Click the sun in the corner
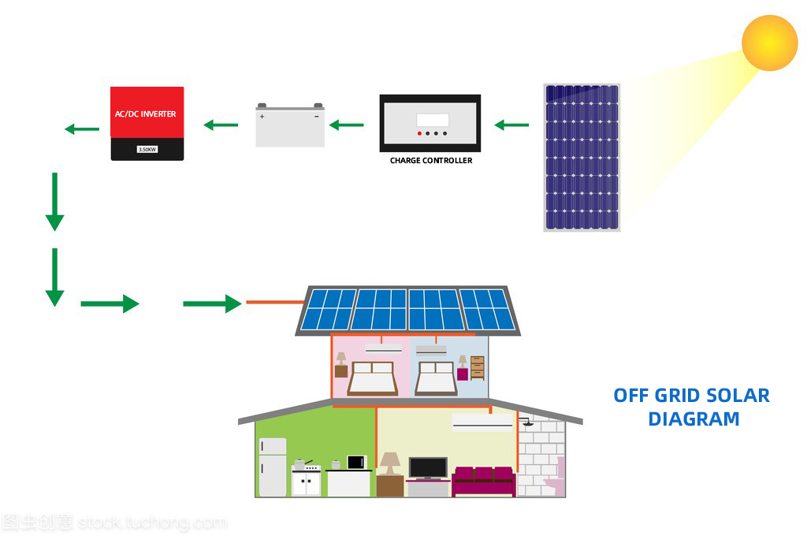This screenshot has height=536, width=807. (x=770, y=43)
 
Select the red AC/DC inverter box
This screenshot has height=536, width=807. (x=147, y=123)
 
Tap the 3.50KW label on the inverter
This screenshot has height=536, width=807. (x=147, y=149)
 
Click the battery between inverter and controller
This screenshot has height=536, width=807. (x=290, y=126)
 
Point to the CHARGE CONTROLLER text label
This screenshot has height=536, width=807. (x=431, y=161)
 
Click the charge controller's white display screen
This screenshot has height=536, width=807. (x=433, y=120)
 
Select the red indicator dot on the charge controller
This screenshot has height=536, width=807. (x=418, y=133)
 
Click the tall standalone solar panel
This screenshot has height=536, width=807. (x=582, y=158)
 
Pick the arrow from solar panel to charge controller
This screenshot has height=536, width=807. (x=511, y=125)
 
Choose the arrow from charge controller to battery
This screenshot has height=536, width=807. (x=346, y=125)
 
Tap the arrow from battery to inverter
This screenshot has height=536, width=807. (x=221, y=125)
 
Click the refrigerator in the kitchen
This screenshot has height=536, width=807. (x=273, y=467)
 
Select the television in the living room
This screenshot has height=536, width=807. (x=428, y=467)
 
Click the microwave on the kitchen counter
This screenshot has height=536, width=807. (x=357, y=462)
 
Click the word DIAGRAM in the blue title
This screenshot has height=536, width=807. (x=694, y=419)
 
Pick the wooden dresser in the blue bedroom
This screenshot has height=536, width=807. (x=477, y=368)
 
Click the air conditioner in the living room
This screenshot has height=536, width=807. (x=482, y=422)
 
